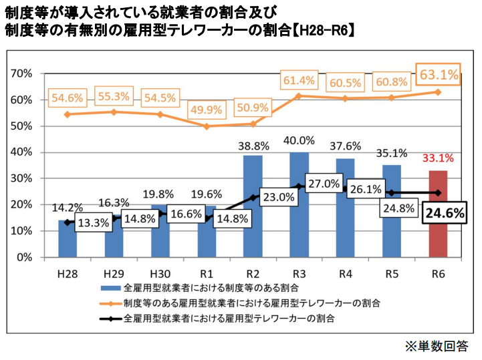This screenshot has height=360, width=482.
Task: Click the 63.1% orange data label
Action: (438, 74)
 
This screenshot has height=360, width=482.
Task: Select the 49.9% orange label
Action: (206, 110)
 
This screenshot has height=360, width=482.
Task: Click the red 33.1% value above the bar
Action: (438, 158)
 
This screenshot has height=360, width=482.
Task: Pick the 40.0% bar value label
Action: (299, 140)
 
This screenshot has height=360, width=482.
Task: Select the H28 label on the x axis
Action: (68, 274)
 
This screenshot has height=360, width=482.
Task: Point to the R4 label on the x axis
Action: (346, 274)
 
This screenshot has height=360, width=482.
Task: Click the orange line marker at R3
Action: (299, 96)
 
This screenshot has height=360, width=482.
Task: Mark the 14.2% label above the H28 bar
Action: (68, 207)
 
